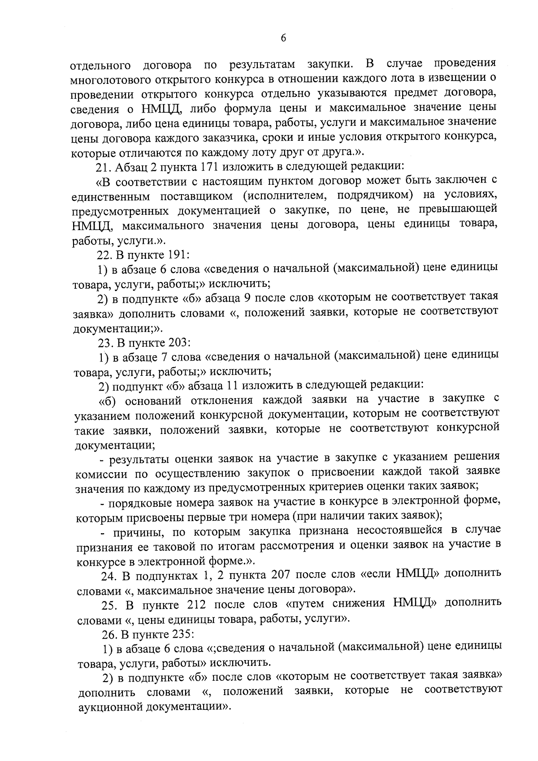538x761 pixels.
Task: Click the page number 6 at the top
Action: pos(283,38)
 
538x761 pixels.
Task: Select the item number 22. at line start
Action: pos(105,255)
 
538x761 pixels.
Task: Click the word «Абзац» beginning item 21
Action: pos(130,167)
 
